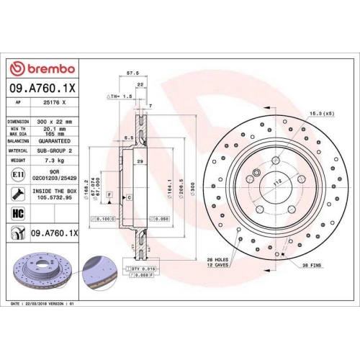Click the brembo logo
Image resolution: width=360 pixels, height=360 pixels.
[x=42, y=68]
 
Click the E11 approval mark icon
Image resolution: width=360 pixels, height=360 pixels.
[x=17, y=174]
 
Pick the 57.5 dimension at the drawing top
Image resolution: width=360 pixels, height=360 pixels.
[x=132, y=73]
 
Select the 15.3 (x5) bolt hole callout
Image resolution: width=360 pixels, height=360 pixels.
[x=320, y=114]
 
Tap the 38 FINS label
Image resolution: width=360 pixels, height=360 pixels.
[x=312, y=266]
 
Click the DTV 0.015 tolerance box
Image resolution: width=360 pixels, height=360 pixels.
[x=144, y=268]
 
